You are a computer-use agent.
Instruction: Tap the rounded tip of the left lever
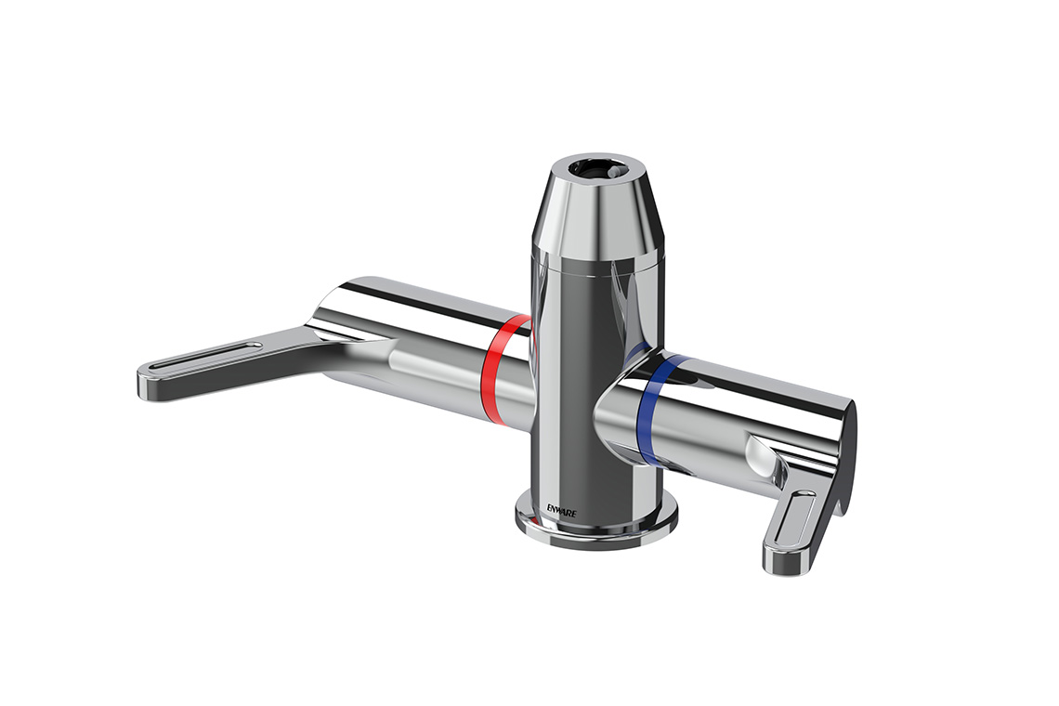149,386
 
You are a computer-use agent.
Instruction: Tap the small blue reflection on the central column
636,353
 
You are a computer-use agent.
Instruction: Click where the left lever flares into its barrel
334,339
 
